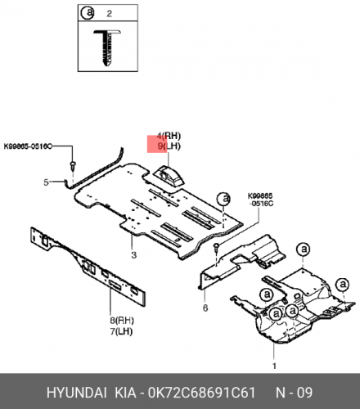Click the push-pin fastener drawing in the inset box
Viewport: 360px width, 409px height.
tap(107, 47)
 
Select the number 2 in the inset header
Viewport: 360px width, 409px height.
tap(109, 13)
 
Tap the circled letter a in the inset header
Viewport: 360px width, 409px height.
tap(88, 13)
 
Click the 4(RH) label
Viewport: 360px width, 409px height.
tap(169, 136)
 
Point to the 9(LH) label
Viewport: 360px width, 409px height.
tap(169, 146)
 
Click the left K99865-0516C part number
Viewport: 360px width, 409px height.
tap(28, 146)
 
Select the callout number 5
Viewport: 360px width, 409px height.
tap(47, 182)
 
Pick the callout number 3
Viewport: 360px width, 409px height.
tap(133, 255)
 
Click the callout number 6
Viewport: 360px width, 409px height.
tap(205, 308)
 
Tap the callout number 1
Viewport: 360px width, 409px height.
tap(274, 366)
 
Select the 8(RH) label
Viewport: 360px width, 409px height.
tap(122, 321)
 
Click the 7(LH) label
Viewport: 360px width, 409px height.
tap(121, 331)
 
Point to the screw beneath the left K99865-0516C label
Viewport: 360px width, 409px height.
tap(73, 165)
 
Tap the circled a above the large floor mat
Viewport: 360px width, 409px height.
tap(224, 199)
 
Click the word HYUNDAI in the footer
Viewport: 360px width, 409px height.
tap(77, 393)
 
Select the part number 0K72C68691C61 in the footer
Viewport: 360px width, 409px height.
tap(201, 393)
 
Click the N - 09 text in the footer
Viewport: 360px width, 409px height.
tap(294, 393)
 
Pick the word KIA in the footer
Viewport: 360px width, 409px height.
tap(125, 393)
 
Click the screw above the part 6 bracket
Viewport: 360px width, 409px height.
tap(217, 247)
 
